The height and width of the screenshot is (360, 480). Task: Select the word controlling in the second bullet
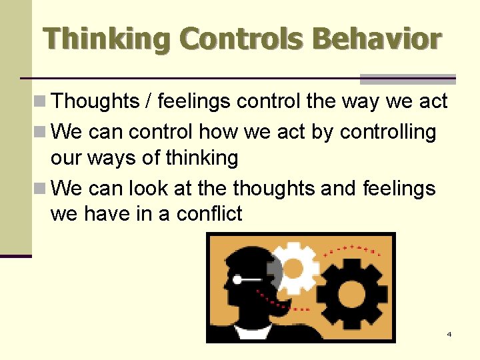(388, 132)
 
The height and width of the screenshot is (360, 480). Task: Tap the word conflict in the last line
(209, 215)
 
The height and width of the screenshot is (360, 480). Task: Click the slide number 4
(449, 334)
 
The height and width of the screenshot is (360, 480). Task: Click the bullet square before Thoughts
(39, 102)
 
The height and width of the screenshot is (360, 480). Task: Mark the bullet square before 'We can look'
(39, 189)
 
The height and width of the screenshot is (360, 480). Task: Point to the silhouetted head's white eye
(237, 281)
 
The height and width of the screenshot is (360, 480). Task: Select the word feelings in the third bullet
(399, 189)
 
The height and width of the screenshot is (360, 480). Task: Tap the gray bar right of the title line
(408, 79)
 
